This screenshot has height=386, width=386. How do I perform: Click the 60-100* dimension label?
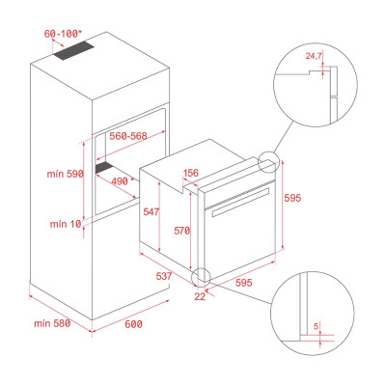click(x=64, y=34)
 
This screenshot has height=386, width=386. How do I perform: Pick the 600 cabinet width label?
click(x=133, y=324)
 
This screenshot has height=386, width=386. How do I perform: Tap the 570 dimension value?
click(x=182, y=231)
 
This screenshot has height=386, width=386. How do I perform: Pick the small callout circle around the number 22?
click(x=204, y=277)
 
